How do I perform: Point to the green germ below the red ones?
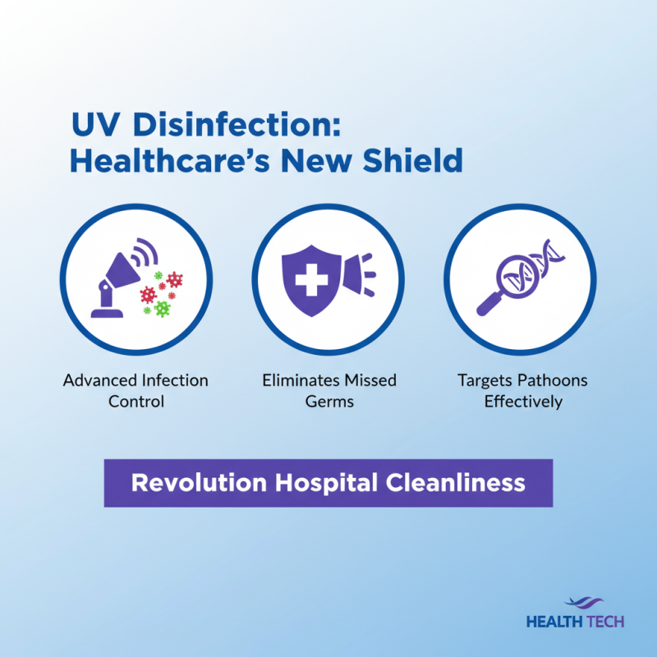click(163, 309)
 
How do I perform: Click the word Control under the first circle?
click(136, 402)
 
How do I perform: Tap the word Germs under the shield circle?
click(328, 402)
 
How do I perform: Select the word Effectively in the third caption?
click(523, 402)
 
